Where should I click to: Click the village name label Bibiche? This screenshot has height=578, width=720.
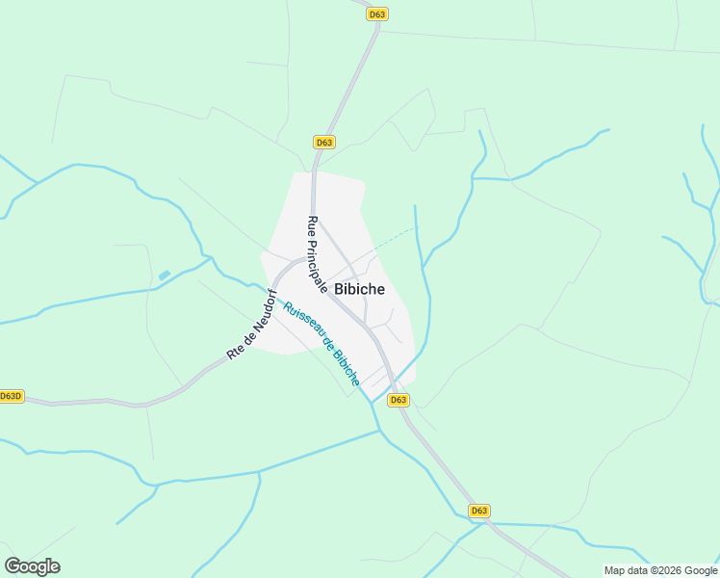coord(359,289)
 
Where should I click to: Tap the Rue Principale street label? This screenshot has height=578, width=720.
coord(318,254)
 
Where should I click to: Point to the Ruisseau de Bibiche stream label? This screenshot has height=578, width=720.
coord(321,344)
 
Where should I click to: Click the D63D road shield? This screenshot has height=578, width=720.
coord(12,396)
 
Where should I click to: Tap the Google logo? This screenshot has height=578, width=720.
coord(32,566)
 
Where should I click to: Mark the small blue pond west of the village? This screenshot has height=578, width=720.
coord(164,276)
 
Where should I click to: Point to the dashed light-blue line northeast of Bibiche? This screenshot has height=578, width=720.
coord(390,238)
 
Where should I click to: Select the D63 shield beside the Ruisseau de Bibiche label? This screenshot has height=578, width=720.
coord(398,400)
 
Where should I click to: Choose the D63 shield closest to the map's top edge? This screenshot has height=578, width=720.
coord(377,14)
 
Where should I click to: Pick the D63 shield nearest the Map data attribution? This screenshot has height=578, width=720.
coord(479,511)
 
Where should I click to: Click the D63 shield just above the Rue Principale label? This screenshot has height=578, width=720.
coord(324,143)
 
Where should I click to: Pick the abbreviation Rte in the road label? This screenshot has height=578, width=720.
coord(233,353)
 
